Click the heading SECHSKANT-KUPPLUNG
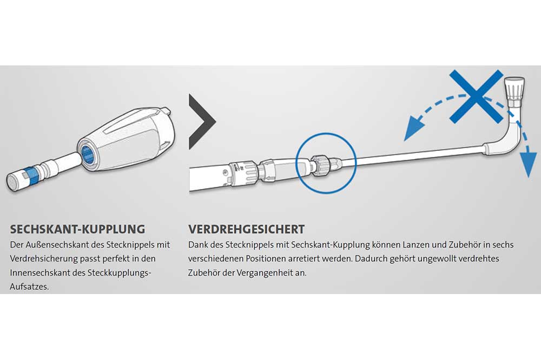[77, 229]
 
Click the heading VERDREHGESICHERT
[246, 229]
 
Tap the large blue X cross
[476, 96]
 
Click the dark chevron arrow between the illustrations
[202, 122]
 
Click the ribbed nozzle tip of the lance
[514, 88]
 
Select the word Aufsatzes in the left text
[29, 286]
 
